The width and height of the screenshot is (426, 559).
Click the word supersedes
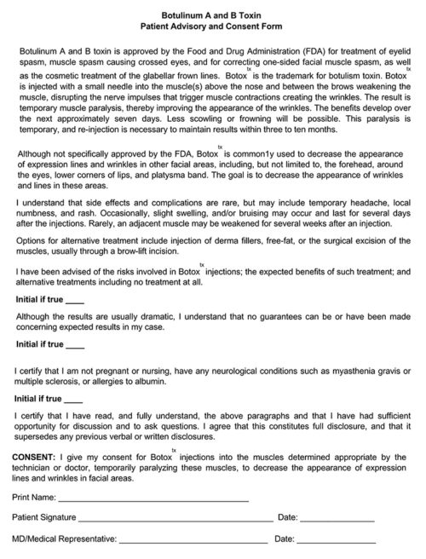tap(39, 438)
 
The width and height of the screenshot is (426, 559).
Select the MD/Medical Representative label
tap(62, 539)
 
